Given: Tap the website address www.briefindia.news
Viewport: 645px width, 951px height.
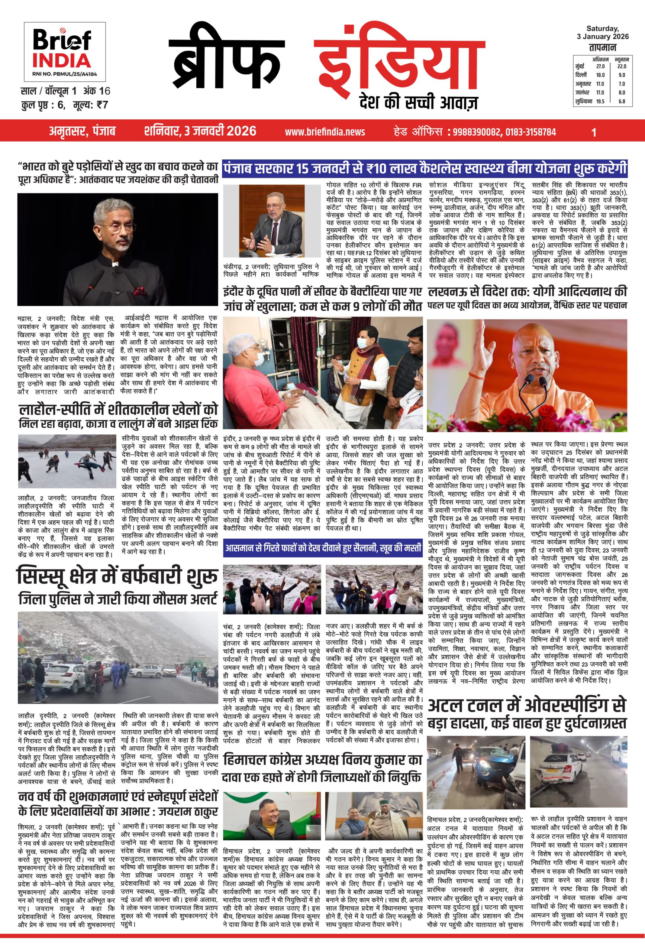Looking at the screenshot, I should (325, 132).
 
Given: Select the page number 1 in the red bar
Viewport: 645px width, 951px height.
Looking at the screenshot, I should (594, 132).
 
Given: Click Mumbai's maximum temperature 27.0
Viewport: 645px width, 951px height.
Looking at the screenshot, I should (600, 66).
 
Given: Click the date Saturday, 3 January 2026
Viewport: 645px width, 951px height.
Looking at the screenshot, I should (602, 32).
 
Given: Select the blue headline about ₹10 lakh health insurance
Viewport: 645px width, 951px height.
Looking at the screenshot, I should (425, 169).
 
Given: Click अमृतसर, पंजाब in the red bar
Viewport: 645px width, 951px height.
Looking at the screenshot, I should (82, 132).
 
